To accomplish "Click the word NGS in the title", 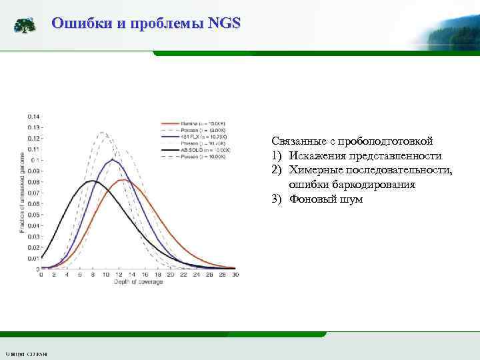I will click(224, 24).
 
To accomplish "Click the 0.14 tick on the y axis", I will click(33, 117).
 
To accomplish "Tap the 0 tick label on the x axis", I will click(42, 275).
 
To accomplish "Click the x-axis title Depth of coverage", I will click(137, 282).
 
